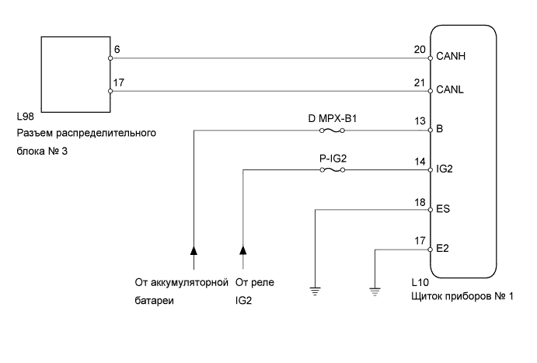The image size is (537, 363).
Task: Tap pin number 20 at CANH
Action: pyautogui.click(x=420, y=49)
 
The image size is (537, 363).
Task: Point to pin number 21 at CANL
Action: pyautogui.click(x=420, y=83)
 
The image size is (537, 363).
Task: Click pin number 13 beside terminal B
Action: pyautogui.click(x=420, y=121)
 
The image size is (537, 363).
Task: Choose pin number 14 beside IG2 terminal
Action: pyautogui.click(x=420, y=162)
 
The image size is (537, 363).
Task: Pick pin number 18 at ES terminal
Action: pyautogui.click(x=420, y=202)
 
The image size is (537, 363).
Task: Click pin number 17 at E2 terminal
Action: pyautogui.click(x=420, y=242)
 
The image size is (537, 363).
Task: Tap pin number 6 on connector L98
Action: pyautogui.click(x=117, y=49)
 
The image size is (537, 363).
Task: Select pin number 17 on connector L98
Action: pyautogui.click(x=119, y=83)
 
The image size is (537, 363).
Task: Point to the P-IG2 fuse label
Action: pyautogui.click(x=333, y=160)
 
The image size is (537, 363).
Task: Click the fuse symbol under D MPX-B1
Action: pyautogui.click(x=333, y=131)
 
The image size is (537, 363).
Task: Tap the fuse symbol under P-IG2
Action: pyautogui.click(x=333, y=170)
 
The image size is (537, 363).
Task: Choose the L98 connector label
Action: pyautogui.click(x=25, y=118)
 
